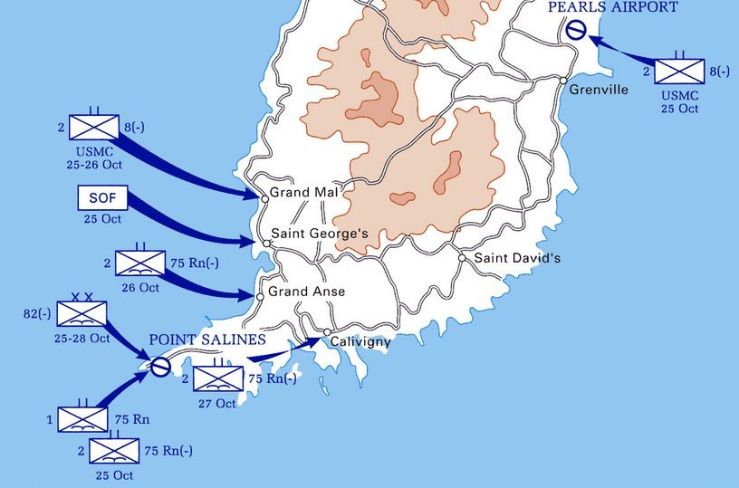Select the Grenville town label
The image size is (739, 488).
[599, 90]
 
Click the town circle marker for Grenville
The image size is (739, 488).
[563, 81]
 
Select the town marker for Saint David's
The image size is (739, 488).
[462, 258]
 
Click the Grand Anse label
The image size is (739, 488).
[306, 292]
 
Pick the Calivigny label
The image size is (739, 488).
[360, 341]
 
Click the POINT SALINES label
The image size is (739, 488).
[207, 340]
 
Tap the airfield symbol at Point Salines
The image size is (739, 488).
[159, 367]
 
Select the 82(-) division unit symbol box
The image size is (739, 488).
[82, 314]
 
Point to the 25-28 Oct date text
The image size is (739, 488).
[82, 339]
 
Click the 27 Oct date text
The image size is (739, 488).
[217, 404]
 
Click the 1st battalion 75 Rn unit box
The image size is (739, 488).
[82, 419]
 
